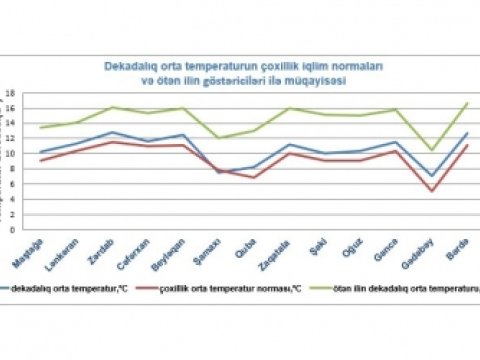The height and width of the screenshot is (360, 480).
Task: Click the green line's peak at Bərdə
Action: [x=467, y=104]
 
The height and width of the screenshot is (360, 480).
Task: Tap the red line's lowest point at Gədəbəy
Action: [x=431, y=191]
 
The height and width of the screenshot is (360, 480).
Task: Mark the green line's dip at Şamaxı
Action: [x=218, y=138]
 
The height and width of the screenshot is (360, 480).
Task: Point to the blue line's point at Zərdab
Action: [x=113, y=132]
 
